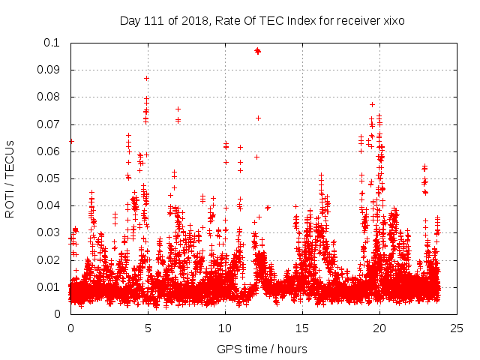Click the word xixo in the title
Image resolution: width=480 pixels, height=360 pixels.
[392, 21]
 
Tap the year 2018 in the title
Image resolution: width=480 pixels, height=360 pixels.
[192, 21]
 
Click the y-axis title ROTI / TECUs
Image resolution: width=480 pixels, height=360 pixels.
[10, 178]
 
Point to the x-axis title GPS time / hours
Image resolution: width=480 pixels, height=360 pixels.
[262, 349]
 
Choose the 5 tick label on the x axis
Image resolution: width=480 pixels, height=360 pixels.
[148, 328]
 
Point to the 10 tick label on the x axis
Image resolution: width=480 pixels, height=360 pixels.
[225, 328]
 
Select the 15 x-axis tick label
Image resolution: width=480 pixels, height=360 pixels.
[302, 328]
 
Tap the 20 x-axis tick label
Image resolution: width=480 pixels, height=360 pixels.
[379, 328]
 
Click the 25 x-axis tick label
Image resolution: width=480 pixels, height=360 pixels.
[457, 328]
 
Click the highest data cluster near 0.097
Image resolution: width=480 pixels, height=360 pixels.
[257, 51]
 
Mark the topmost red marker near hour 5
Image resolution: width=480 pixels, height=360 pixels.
[147, 78]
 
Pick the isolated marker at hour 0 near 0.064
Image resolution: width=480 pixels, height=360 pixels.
[71, 141]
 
